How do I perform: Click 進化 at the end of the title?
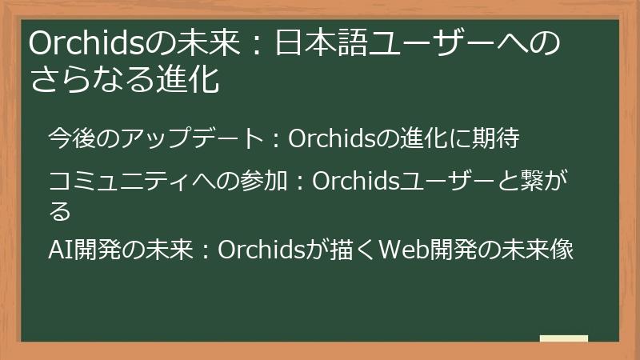(190, 80)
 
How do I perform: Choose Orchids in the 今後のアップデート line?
(331, 138)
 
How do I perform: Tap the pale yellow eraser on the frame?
(563, 339)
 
